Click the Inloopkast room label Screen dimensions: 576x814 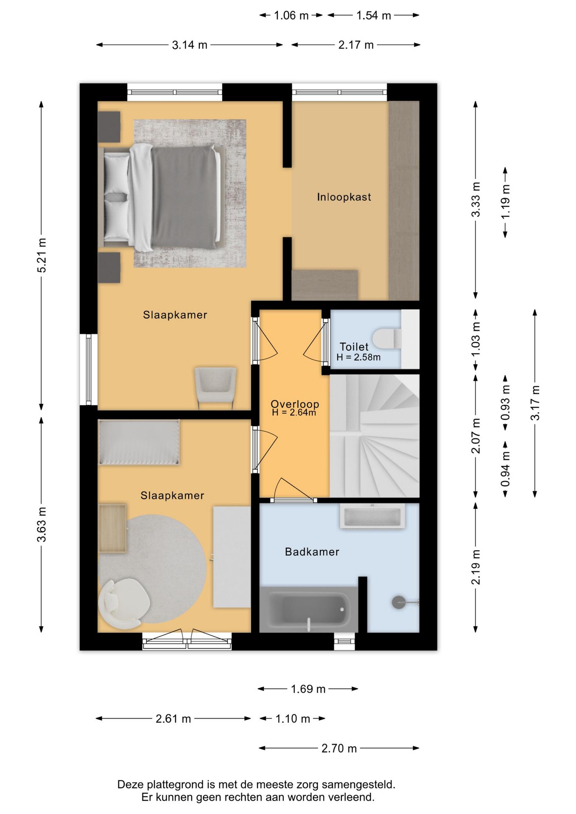coord(344,197)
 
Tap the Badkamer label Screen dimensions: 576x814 coord(312,552)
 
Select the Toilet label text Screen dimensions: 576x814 coord(354,347)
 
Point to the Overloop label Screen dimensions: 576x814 coord(295,404)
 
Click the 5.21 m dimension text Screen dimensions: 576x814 coord(42,256)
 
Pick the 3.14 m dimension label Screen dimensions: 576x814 coord(190,45)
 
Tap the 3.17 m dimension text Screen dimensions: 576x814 coord(535,403)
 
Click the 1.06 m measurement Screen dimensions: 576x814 coord(291,16)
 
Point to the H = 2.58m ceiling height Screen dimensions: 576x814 coord(358,357)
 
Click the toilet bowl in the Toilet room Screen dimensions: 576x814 coord(387,338)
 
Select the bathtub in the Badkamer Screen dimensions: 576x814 coord(308,610)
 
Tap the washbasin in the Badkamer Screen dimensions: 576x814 coord(372,516)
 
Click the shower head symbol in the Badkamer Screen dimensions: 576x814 coord(399,602)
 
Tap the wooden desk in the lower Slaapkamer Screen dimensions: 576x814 coord(112,528)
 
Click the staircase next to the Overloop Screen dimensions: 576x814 coord(375,436)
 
